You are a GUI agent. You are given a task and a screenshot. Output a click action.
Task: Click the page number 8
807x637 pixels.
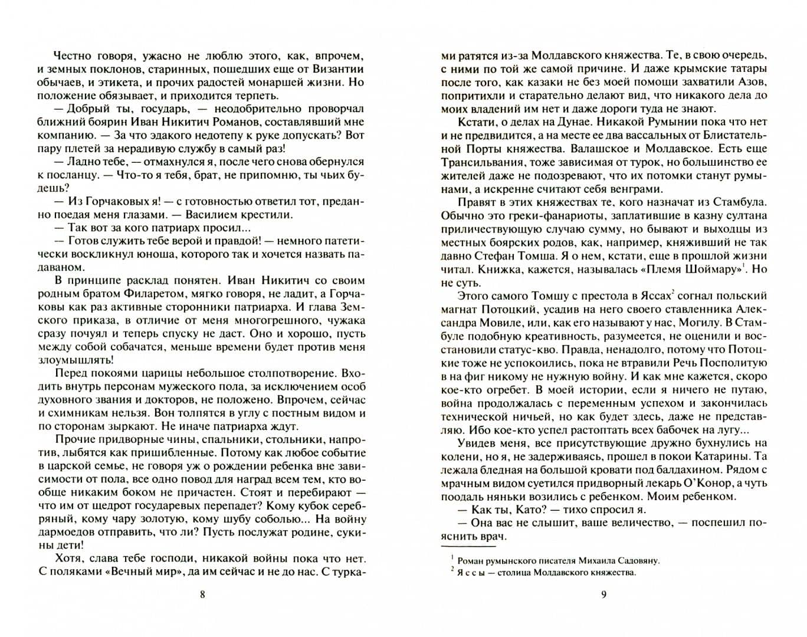click(x=202, y=595)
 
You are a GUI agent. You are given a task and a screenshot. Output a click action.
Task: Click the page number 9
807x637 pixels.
click(x=603, y=595)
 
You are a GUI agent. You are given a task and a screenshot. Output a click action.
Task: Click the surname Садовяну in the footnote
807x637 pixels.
click(x=632, y=560)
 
